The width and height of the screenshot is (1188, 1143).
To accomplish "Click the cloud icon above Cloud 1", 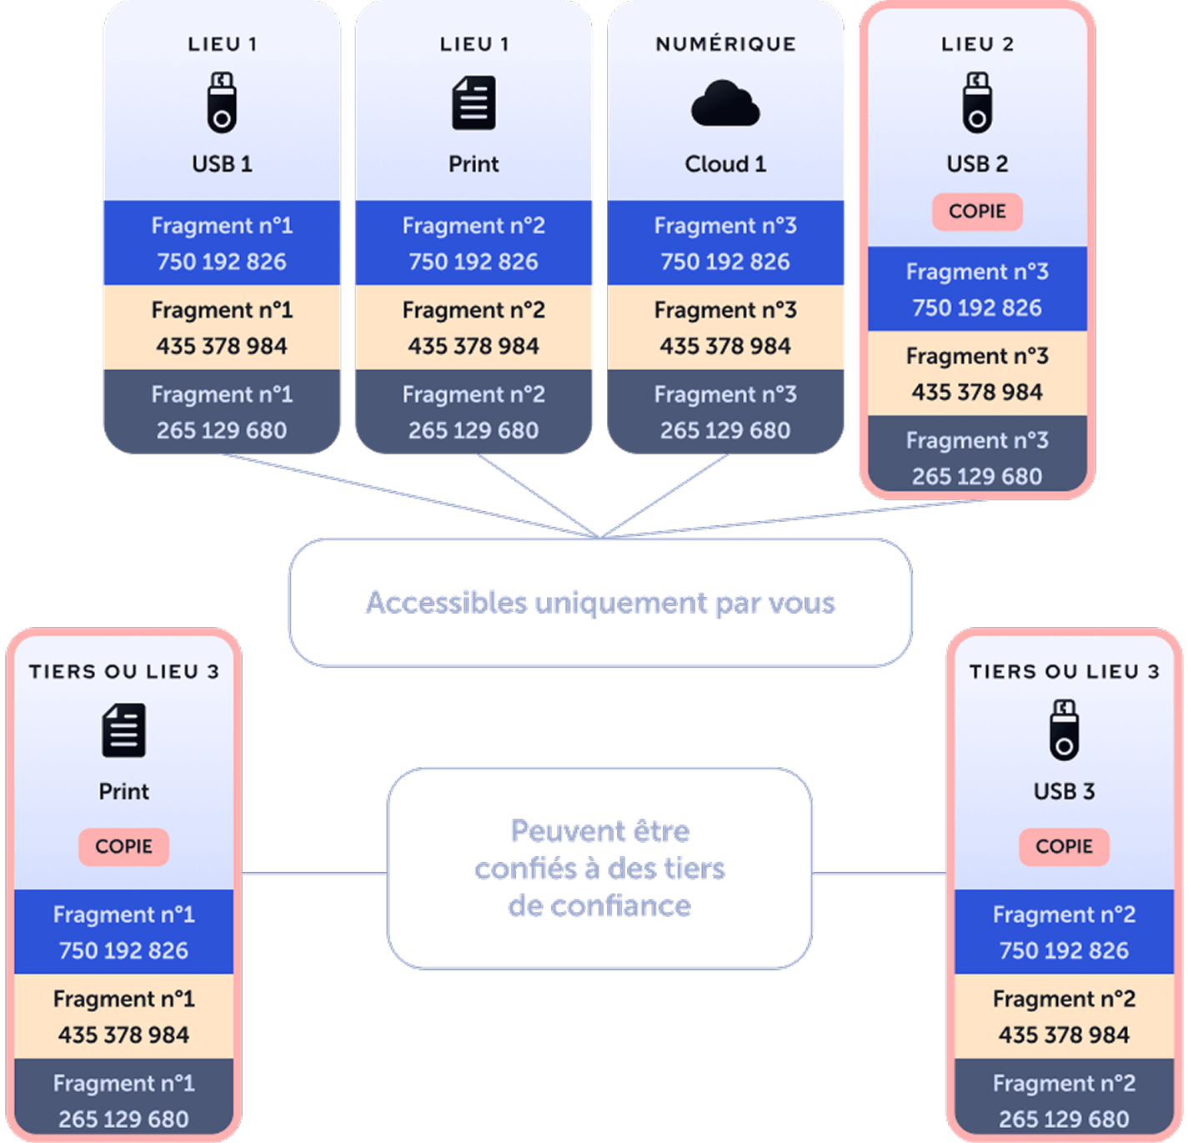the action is coord(725,103).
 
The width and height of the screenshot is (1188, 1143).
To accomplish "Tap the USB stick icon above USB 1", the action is coord(222,102).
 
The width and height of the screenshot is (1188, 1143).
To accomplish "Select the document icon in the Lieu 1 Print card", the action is coord(474,103).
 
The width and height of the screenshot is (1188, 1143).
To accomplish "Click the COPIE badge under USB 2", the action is coord(977,211).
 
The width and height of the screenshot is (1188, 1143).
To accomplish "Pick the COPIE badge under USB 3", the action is coord(1064,846).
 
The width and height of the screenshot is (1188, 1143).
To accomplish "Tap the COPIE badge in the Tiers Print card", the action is coord(123,846).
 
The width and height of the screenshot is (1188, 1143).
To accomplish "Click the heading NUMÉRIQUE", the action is coord(726,44).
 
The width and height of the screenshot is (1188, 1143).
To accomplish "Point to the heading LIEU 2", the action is coord(977,44).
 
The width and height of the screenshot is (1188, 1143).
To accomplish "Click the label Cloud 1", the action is coord(725,163).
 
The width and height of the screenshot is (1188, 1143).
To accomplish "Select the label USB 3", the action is coord(1064,791).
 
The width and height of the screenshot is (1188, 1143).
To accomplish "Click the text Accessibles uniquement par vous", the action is coord(600,603).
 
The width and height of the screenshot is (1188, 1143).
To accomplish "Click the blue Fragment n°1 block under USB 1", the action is coord(222,243).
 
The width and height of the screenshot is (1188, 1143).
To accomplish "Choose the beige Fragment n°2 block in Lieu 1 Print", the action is coord(474,328).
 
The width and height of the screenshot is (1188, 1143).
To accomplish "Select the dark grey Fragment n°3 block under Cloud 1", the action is coord(725,412).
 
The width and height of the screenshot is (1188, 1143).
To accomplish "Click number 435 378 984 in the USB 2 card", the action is coord(977,392).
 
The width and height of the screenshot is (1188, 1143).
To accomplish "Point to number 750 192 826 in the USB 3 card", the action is coord(1064,950).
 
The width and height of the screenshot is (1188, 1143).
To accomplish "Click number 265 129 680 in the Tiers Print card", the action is coord(123,1119).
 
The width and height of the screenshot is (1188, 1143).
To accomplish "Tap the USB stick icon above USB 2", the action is coord(977,102).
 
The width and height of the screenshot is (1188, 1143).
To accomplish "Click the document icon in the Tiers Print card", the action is coord(124,730).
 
